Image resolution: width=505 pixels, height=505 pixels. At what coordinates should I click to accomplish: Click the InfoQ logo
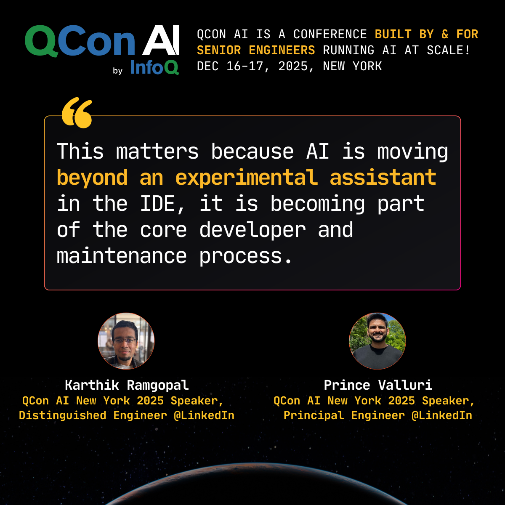pos(154,67)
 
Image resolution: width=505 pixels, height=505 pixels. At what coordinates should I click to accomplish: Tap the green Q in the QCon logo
pos(41,41)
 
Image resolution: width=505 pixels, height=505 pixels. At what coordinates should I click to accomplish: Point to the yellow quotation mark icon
pos(77,113)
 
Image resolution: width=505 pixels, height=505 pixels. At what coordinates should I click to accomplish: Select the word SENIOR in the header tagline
pos(219,50)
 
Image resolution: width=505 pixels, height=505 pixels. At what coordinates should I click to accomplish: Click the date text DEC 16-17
pos(230,66)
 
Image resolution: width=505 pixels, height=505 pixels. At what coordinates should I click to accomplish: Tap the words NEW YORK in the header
pos(352,66)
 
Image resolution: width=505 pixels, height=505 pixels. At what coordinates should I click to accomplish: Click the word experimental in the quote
pos(246,178)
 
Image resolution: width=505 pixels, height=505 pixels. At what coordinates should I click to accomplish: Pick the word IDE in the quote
pos(158,204)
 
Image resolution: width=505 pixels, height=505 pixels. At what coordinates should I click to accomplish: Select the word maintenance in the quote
pos(122,256)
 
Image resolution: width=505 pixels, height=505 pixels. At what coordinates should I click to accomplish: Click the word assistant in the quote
pos(383,178)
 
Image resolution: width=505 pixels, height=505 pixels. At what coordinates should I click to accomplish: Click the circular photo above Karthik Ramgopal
pos(126,341)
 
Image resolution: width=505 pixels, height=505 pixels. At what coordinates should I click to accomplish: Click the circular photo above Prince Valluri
pos(377,341)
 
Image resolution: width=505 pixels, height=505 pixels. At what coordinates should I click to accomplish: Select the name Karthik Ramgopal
pos(127,385)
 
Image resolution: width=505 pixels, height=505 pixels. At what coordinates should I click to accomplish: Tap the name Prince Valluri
pos(378,385)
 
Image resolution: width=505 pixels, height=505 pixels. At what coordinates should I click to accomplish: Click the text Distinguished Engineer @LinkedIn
pos(127,416)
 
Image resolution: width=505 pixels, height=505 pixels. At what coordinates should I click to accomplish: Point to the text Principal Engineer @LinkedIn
pos(378,416)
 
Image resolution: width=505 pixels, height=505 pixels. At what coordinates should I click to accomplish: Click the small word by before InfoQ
pos(118,71)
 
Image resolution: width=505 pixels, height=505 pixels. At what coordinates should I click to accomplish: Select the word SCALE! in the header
pos(448,50)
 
